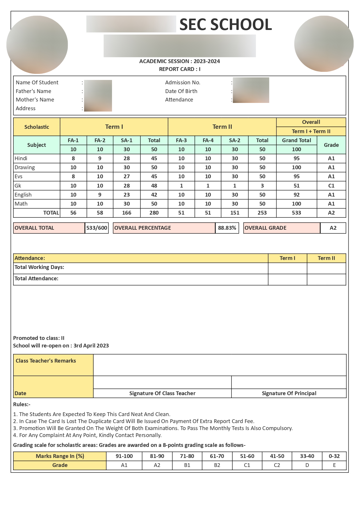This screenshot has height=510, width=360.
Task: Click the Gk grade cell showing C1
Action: (331, 186)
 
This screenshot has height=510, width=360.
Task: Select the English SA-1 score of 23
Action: (126, 195)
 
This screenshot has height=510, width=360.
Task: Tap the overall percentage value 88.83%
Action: (227, 228)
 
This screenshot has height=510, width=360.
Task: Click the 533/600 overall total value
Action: (97, 228)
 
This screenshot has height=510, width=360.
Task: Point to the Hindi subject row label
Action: (21, 158)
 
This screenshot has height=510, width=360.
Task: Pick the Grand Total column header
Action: (296, 140)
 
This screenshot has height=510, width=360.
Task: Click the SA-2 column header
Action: (235, 140)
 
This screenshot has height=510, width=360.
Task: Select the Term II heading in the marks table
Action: (222, 127)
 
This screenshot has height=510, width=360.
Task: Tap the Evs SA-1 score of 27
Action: (126, 176)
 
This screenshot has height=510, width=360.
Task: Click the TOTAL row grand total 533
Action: (296, 213)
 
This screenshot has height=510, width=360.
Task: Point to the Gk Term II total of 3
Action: (262, 186)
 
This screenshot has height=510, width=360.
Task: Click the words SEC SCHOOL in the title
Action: (226, 24)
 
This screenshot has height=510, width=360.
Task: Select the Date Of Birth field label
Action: (181, 91)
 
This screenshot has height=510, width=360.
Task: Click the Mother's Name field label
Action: (35, 100)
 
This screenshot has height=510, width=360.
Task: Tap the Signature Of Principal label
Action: (289, 393)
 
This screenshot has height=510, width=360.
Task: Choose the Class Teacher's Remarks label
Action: (46, 361)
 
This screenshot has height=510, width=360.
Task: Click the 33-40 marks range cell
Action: (307, 456)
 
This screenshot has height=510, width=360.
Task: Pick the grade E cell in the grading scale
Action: (334, 465)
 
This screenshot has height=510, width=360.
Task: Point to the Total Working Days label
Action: (39, 267)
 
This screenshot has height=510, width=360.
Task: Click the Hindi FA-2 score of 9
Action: (100, 158)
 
